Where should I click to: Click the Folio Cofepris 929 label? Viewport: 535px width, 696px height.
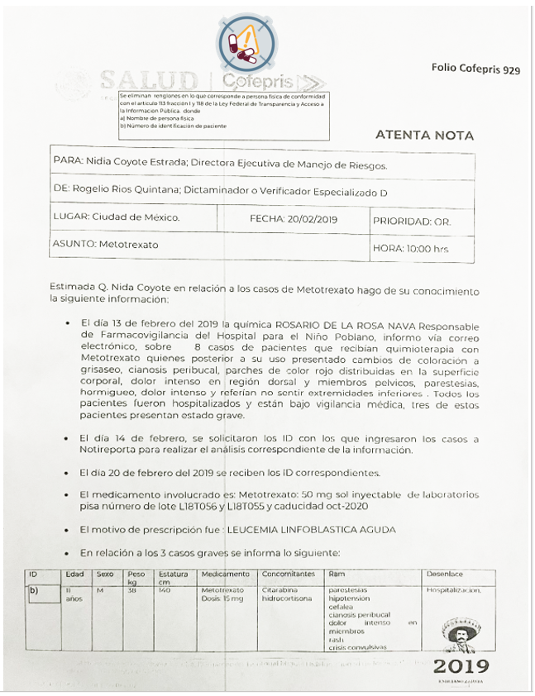tap(475, 69)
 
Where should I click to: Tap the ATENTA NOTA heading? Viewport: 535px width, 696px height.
tap(424, 135)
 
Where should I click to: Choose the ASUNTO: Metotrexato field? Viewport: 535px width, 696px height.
tap(105, 245)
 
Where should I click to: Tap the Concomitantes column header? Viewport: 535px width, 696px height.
tap(289, 574)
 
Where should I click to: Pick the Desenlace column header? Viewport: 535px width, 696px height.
tap(445, 574)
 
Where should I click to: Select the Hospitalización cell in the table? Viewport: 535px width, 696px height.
tap(453, 591)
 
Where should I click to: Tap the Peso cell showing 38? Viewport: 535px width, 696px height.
tap(133, 591)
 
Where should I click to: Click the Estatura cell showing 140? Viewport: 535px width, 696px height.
tap(165, 591)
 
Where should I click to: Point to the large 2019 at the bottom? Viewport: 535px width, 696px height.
tap(461, 665)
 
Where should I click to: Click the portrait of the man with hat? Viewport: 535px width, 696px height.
tap(460, 636)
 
